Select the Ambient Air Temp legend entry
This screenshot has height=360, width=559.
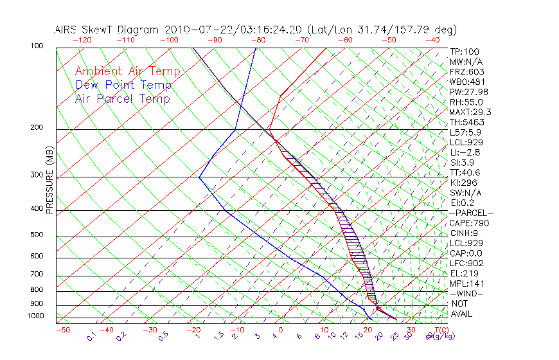click(127, 71)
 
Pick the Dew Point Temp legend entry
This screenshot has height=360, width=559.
click(123, 85)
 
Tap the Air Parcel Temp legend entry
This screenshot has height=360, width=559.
click(122, 98)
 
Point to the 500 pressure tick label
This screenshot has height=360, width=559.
click(37, 235)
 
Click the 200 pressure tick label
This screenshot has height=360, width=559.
click(37, 128)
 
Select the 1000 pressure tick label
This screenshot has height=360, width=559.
click(35, 316)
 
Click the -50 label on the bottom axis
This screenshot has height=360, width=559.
click(62, 330)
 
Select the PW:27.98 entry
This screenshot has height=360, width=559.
click(469, 92)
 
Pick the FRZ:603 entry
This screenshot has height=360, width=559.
click(467, 72)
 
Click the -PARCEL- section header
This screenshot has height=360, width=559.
click(471, 213)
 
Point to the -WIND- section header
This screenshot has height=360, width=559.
click(467, 293)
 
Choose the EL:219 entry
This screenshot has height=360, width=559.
click(465, 273)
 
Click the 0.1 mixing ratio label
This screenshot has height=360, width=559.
click(92, 336)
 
